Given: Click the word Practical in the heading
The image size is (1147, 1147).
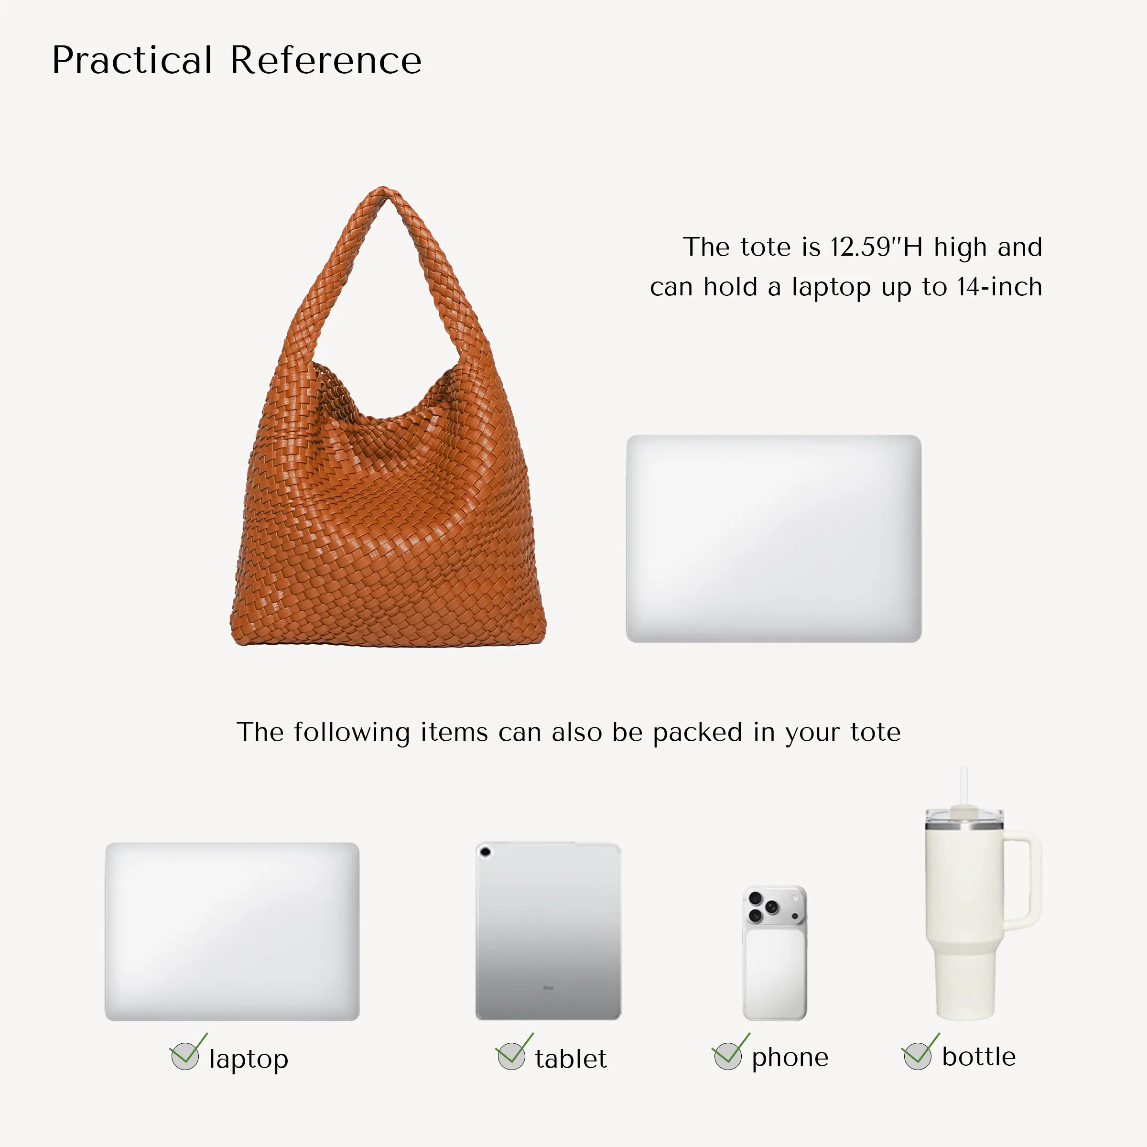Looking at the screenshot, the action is tap(132, 61).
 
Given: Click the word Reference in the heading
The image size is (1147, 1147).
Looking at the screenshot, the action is tap(325, 61).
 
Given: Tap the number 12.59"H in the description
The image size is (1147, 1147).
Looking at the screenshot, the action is tap(876, 247).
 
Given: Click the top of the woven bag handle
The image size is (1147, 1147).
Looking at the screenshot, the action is tap(383, 191).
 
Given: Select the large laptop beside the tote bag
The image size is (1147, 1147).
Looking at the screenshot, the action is tap(774, 539).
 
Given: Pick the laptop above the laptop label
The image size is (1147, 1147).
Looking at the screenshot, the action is tap(232, 931).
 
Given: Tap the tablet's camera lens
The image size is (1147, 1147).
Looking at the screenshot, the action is tap(485, 853).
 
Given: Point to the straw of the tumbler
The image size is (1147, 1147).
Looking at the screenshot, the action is tap(963, 787).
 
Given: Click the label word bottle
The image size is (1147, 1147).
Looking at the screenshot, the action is tap(979, 1057).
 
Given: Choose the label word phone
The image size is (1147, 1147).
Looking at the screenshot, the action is tap(790, 1058).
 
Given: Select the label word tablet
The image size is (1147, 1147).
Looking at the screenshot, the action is tap(571, 1059).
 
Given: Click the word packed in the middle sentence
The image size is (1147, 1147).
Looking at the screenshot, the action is tap(698, 733).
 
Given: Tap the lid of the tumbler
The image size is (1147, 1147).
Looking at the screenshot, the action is tap(964, 817).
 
